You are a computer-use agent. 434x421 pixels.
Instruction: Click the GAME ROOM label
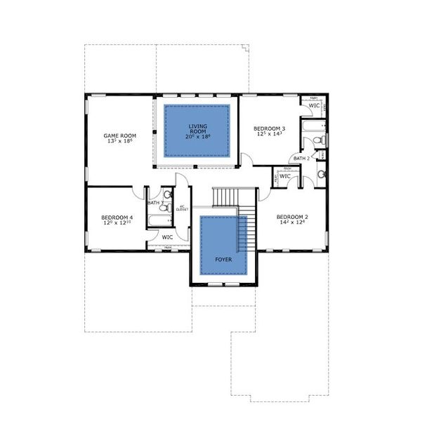point(119,135)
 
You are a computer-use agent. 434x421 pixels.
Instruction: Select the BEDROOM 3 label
point(269,128)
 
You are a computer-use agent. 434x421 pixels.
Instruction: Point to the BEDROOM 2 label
point(291,217)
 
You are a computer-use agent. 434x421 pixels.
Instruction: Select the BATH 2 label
point(301,159)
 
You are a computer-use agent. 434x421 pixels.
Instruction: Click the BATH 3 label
point(155,203)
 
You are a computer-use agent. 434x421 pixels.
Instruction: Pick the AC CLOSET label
point(181,208)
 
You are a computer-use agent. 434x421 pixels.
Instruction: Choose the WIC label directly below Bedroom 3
point(285,176)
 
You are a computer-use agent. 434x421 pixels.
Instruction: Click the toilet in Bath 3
point(167,196)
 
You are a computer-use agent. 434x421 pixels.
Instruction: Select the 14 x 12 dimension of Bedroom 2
point(291,224)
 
